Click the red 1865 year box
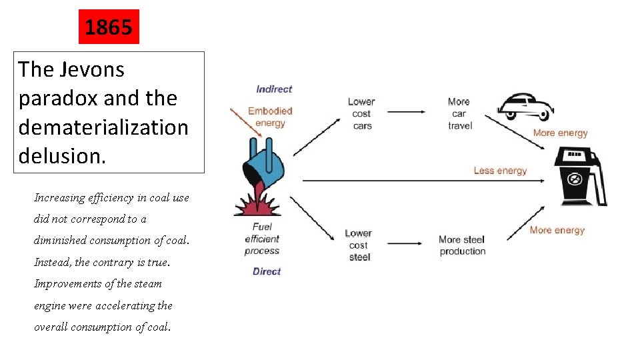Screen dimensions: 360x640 (x=109, y=27)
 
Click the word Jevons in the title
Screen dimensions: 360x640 (x=93, y=69)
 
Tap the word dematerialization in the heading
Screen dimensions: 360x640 (x=103, y=127)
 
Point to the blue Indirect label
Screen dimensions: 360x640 (x=274, y=89)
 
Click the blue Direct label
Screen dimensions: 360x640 (x=267, y=271)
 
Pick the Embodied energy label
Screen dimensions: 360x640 (x=270, y=117)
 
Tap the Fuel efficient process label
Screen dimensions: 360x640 (x=262, y=239)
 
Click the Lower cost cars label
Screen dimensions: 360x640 (x=361, y=113)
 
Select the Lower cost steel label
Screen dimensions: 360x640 (x=359, y=245)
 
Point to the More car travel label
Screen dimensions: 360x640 (x=459, y=113)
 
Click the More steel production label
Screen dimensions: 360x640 (x=462, y=245)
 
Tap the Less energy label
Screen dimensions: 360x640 (x=500, y=171)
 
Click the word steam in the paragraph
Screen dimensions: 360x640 (x=147, y=283)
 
